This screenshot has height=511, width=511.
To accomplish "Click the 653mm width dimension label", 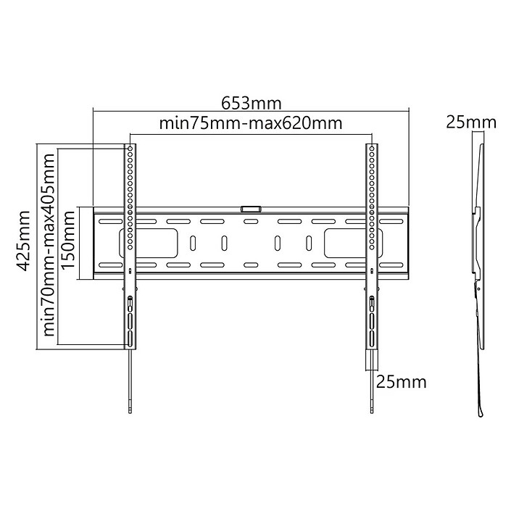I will coord(252,103).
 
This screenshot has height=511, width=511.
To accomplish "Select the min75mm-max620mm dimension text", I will coord(251,122).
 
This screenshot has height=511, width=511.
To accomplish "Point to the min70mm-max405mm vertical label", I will coord(49,244).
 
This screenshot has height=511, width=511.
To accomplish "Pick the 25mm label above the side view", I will coord(471,122).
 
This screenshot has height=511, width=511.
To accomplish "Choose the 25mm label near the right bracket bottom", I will coord(402,381).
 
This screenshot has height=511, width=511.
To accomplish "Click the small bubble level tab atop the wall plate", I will coord(251,209).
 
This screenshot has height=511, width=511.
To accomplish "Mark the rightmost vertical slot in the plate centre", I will coord(309,243).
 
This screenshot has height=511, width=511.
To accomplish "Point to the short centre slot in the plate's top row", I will coord(251,222).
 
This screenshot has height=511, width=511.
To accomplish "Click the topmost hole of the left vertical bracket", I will coord(130,149).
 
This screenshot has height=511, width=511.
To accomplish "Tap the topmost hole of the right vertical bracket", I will coord(372,149).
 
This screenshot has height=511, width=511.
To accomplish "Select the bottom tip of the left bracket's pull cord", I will coord(130,414).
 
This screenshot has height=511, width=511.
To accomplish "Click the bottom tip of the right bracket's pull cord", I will coord(372,414).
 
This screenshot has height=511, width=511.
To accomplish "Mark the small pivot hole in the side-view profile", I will coord(479,290).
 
